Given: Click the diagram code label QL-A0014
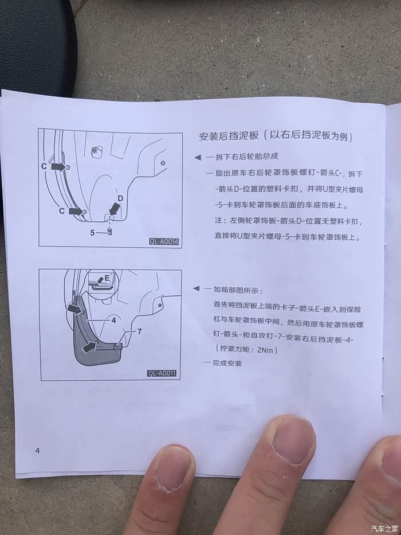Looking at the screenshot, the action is click(164, 241).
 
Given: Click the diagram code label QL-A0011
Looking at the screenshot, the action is click(162, 373).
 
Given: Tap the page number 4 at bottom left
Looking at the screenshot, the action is click(37, 450).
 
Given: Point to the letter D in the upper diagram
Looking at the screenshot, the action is click(120, 198).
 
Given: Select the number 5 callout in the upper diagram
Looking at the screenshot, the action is click(92, 233).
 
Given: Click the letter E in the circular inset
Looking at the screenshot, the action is click(107, 278).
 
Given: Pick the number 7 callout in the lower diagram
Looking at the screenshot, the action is click(139, 331).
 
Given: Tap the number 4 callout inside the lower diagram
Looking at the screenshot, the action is click(113, 321).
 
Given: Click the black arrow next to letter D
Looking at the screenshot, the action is click(115, 209).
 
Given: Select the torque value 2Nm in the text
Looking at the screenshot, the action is click(265, 350).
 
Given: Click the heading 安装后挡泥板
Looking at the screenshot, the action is click(229, 136).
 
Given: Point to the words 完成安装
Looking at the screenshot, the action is click(227, 363).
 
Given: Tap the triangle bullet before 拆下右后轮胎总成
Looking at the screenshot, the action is click(198, 157).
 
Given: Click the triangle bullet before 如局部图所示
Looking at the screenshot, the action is click(196, 288).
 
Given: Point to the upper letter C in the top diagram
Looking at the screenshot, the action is click(44, 166).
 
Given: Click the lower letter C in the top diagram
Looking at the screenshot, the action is click(62, 211).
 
